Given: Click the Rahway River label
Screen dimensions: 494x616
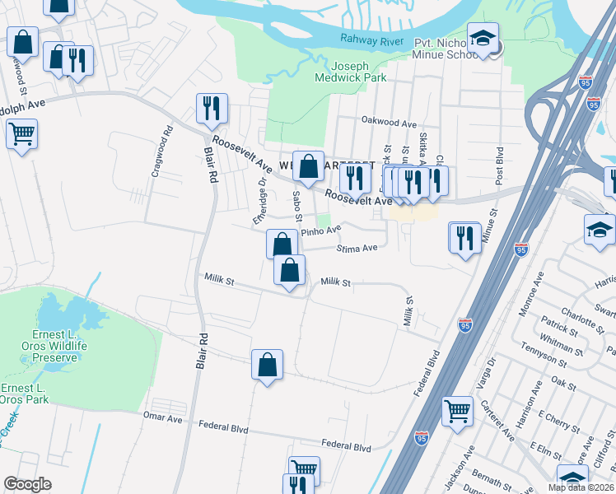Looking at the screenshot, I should [x=369, y=39].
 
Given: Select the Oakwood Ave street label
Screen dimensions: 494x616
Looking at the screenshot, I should [x=389, y=123].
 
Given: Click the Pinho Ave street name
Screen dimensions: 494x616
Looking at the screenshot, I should [x=320, y=231].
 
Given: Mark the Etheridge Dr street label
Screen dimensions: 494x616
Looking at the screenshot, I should [x=260, y=202].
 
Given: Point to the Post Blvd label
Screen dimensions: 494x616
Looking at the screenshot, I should [x=499, y=165].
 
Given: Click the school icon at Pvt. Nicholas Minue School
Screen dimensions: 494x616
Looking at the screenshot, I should [x=483, y=38].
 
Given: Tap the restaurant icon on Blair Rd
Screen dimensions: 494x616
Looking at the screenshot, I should [x=211, y=110].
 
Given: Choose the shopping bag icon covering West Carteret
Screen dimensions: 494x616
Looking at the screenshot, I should [x=308, y=166].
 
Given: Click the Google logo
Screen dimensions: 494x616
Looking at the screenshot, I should [x=27, y=484].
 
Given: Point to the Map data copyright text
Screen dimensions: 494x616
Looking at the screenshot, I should [x=581, y=487].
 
